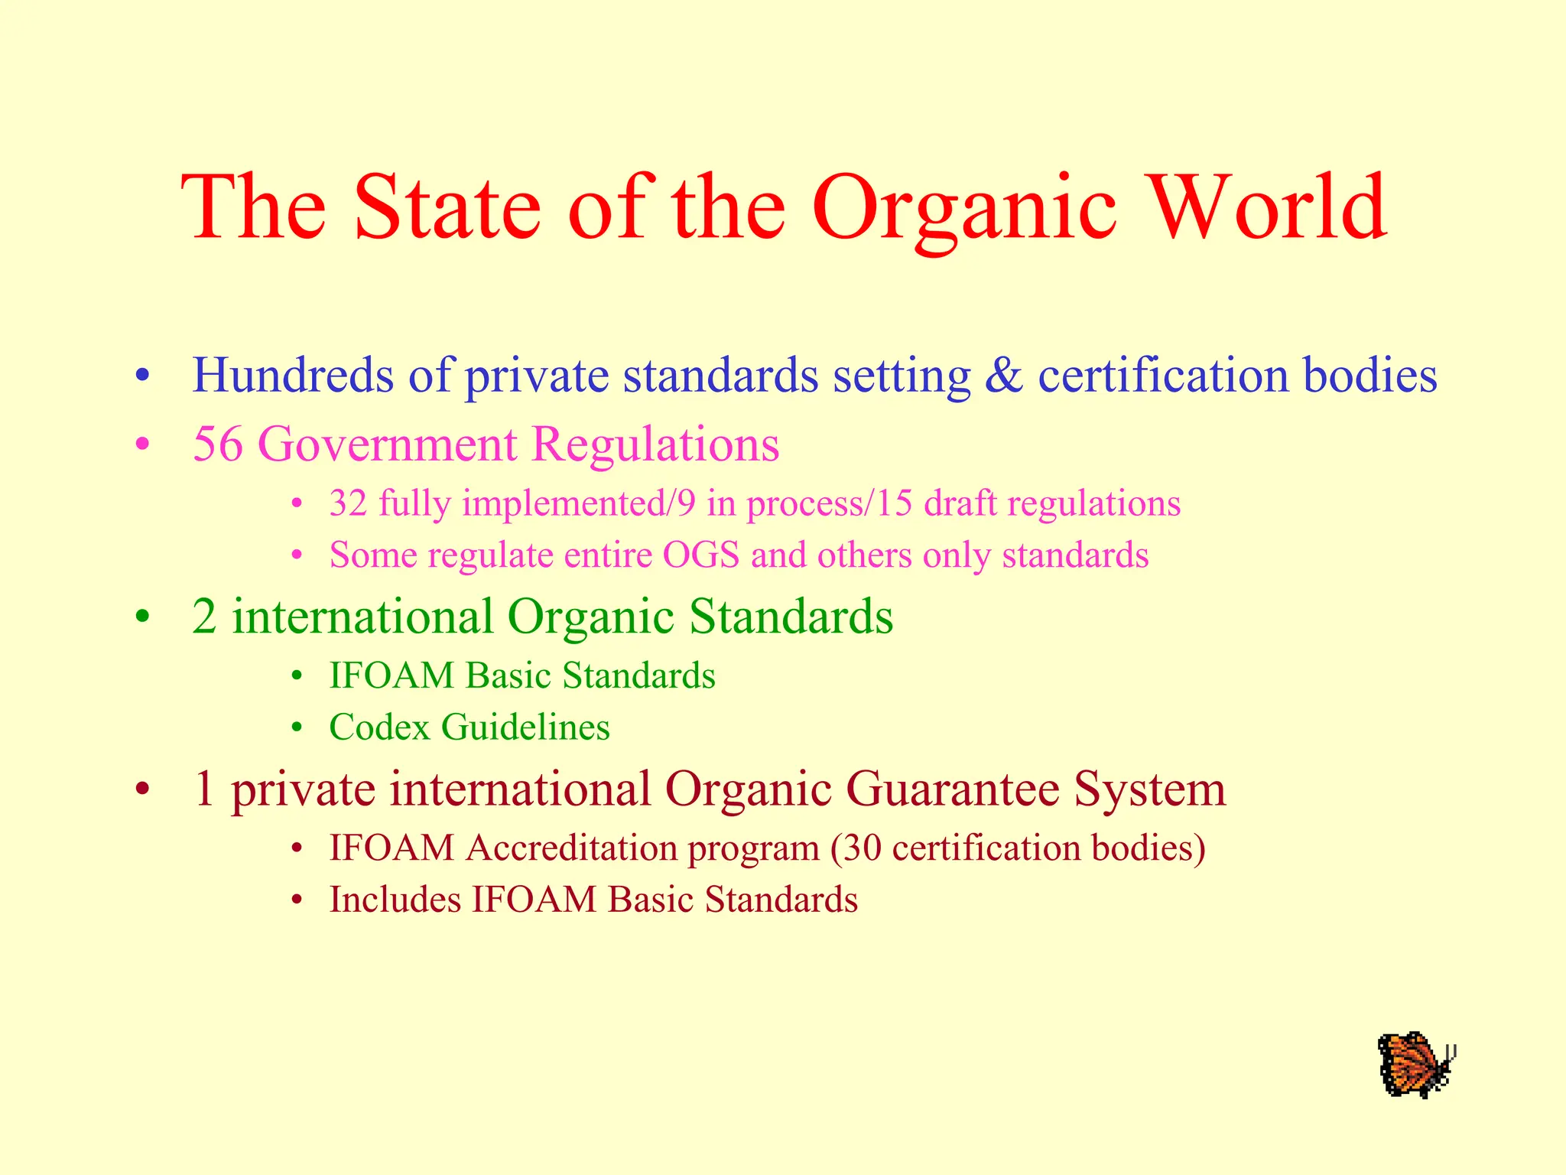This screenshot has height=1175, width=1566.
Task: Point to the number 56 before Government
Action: (218, 444)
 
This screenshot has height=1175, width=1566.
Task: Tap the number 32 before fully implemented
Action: (348, 503)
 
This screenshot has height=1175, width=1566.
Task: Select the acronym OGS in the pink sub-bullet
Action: (701, 555)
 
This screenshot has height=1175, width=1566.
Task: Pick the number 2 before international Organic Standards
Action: (204, 617)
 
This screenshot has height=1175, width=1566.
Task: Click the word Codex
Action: (380, 727)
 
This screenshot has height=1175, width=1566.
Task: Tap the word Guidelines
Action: (526, 727)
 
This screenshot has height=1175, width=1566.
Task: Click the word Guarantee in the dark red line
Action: (953, 789)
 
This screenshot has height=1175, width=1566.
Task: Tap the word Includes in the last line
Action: (395, 899)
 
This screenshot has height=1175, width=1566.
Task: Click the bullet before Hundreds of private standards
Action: (141, 377)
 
